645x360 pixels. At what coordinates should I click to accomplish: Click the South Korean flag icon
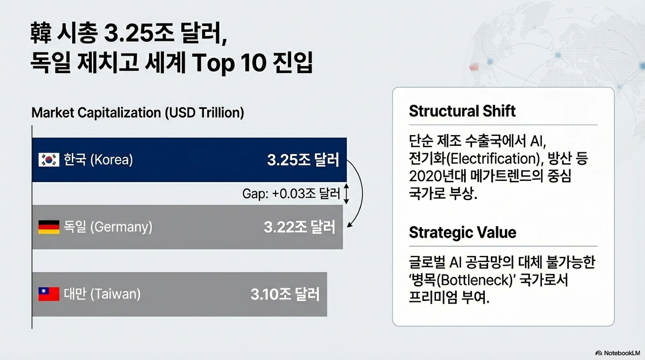tap(49, 160)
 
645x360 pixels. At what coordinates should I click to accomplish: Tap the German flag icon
tap(49, 227)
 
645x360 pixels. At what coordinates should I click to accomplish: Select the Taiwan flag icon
tap(49, 294)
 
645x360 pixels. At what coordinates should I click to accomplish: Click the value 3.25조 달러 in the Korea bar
tap(303, 160)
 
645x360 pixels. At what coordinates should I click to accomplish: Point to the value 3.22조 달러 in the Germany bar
tap(299, 227)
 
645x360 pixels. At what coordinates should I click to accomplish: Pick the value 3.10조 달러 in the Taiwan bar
tap(285, 294)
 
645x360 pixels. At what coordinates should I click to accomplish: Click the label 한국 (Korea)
tap(98, 160)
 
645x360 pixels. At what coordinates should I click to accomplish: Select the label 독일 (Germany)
tap(108, 227)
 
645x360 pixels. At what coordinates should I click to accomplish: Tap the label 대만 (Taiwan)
tap(102, 294)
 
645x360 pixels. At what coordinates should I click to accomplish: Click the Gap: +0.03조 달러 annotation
tap(291, 194)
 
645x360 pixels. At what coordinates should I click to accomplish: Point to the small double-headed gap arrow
tap(346, 194)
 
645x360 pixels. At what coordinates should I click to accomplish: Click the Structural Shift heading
tap(462, 111)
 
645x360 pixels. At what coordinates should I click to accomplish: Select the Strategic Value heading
tap(463, 232)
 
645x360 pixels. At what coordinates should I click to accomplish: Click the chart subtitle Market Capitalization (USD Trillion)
tap(138, 113)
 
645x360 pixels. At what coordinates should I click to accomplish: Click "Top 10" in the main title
tap(229, 63)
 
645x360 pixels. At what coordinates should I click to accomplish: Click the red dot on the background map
tap(474, 67)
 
